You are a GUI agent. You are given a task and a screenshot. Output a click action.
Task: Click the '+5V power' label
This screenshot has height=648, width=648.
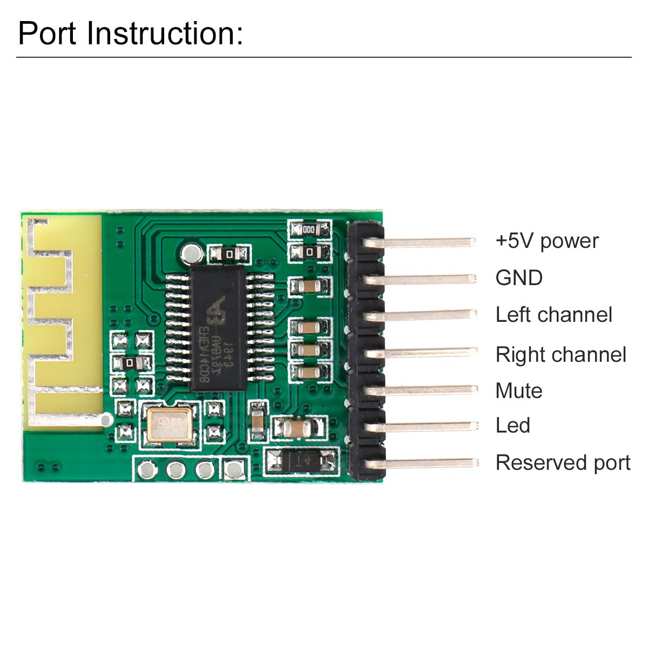pos(546,241)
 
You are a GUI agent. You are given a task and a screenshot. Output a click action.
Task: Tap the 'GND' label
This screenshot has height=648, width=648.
pos(519,278)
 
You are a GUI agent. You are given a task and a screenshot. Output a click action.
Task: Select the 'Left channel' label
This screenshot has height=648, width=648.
pos(553,315)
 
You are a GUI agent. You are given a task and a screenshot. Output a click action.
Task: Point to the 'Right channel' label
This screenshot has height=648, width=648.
pos(561,355)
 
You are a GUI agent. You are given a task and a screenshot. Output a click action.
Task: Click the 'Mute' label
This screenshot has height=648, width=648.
pos(518,390)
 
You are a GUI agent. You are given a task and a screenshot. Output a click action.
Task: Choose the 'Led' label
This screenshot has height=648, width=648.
pos(512,426)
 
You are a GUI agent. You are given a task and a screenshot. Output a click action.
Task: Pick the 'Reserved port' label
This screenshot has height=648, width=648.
pos(563,463)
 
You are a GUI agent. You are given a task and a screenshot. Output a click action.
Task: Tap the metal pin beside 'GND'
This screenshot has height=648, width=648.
pos(427,279)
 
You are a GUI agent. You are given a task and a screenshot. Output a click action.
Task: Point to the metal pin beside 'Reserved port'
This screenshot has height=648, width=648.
pos(427,463)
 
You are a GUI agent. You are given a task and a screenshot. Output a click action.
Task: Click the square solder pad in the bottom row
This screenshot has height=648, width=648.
pos(234,470)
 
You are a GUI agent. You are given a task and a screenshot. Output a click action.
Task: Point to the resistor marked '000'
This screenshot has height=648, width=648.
pos(309,230)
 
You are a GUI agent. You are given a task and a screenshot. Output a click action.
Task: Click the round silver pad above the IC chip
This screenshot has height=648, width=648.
pos(191,252)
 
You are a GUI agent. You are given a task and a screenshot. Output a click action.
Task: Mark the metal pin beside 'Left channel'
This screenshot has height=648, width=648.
pos(427,314)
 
